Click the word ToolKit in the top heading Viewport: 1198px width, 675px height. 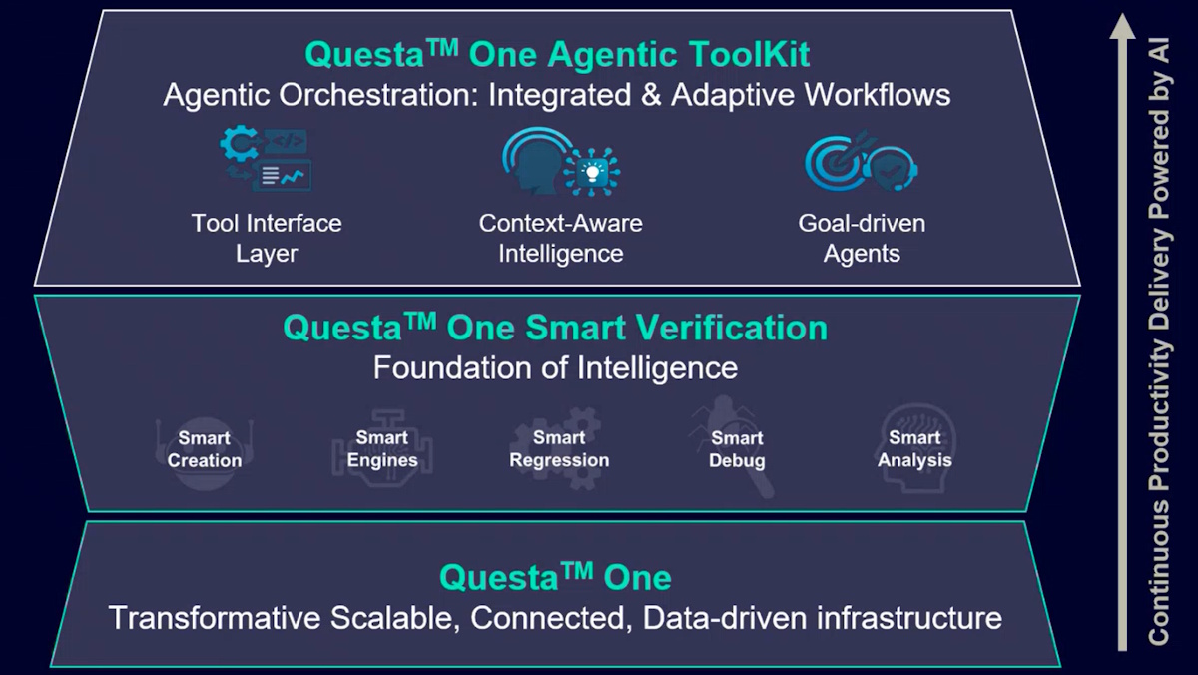pyautogui.click(x=749, y=55)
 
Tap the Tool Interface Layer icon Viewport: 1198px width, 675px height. pyautogui.click(x=266, y=159)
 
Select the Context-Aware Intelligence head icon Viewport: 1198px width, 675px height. pyautogui.click(x=560, y=161)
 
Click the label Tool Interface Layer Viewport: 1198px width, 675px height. pyautogui.click(x=267, y=238)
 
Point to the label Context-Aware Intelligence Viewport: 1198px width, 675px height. pyautogui.click(x=560, y=238)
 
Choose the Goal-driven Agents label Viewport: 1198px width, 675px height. pyautogui.click(x=862, y=238)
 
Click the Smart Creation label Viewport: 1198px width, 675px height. pyautogui.click(x=205, y=449)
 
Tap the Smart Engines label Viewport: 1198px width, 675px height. pyautogui.click(x=381, y=448)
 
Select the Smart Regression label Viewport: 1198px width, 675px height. pyautogui.click(x=559, y=448)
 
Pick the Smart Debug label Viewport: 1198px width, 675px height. pyautogui.click(x=737, y=449)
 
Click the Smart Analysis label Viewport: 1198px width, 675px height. pyautogui.click(x=914, y=448)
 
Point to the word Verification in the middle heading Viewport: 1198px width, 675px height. pyautogui.click(x=730, y=328)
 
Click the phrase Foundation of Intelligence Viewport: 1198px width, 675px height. pyautogui.click(x=555, y=368)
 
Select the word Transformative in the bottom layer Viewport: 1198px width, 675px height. pyautogui.click(x=215, y=618)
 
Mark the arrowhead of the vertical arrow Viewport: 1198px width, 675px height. pyautogui.click(x=1122, y=26)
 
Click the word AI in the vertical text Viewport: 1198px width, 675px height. pyautogui.click(x=1159, y=50)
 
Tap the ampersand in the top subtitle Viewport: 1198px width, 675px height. pyautogui.click(x=650, y=95)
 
